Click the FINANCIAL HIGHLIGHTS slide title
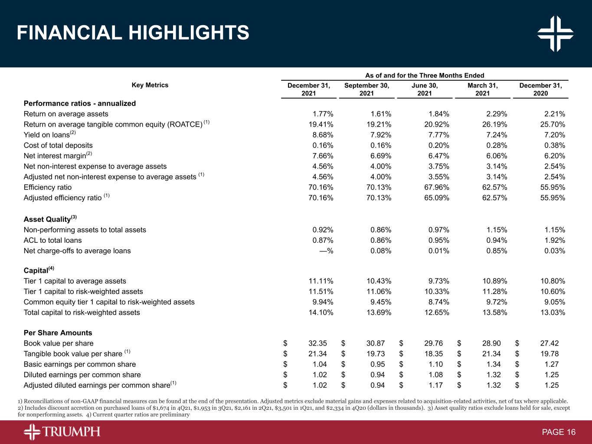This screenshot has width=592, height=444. click(133, 33)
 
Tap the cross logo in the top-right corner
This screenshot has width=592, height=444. click(555, 33)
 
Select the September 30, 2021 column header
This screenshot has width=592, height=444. click(366, 89)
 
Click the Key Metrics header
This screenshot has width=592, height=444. click(150, 85)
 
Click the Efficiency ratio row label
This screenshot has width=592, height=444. click(48, 187)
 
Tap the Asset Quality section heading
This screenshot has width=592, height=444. click(50, 219)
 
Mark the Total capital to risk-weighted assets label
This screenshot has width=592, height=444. click(82, 313)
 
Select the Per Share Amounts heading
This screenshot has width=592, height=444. click(58, 333)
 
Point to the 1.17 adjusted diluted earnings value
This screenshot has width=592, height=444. click(435, 385)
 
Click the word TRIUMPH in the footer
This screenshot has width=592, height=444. click(72, 432)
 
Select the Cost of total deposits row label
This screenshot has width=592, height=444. click(58, 146)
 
